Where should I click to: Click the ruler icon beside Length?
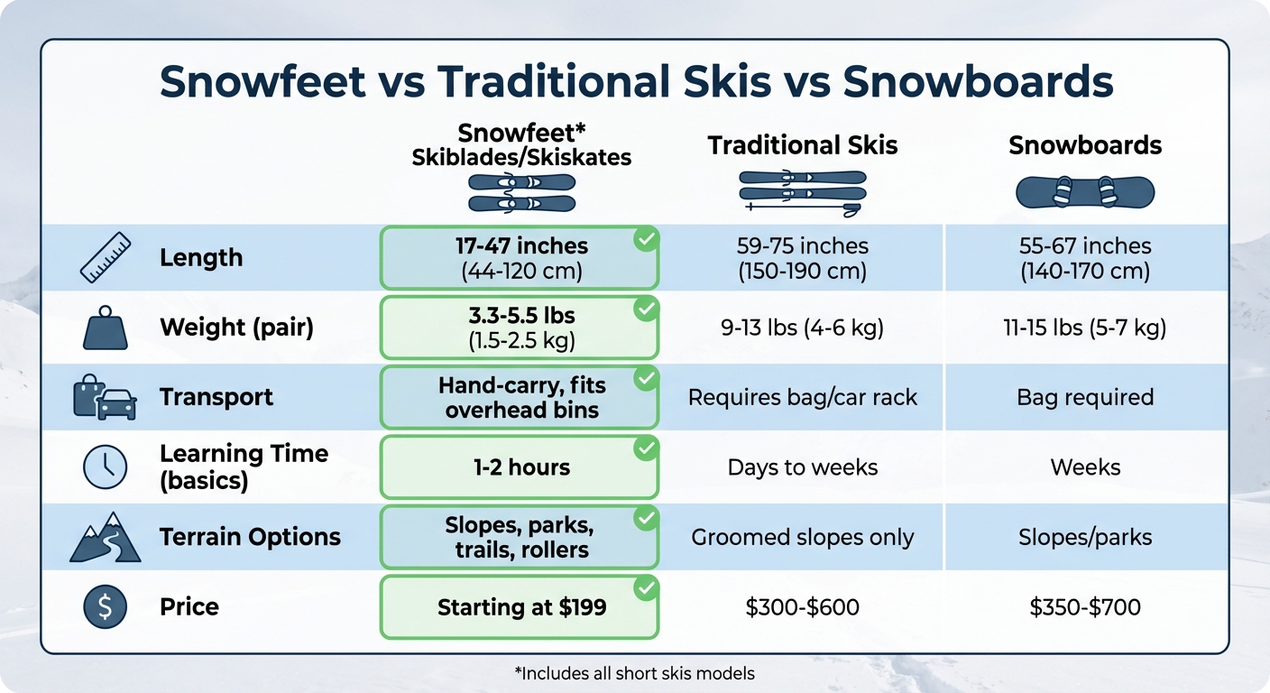tap(106, 257)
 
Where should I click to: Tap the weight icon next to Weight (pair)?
tap(106, 327)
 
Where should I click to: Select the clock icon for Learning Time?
tap(106, 467)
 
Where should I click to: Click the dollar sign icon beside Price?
tap(106, 606)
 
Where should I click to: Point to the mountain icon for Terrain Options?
tap(106, 537)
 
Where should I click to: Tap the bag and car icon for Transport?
tap(106, 398)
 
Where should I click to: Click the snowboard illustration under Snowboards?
tap(1085, 192)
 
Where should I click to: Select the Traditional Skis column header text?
tap(802, 146)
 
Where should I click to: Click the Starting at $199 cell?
tap(521, 607)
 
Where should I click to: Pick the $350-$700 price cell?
tap(1085, 607)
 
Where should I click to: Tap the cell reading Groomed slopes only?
tap(802, 538)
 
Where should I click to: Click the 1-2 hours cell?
tap(521, 467)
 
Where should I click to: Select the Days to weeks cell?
tap(802, 467)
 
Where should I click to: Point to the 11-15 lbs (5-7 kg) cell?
tap(1085, 328)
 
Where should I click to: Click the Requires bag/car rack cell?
tap(802, 397)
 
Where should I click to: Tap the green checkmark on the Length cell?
tap(646, 239)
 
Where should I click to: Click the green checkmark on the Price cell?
tap(646, 589)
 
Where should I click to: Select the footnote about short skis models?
tap(634, 673)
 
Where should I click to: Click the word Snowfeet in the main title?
tap(262, 82)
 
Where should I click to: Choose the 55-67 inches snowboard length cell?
tap(1085, 257)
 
